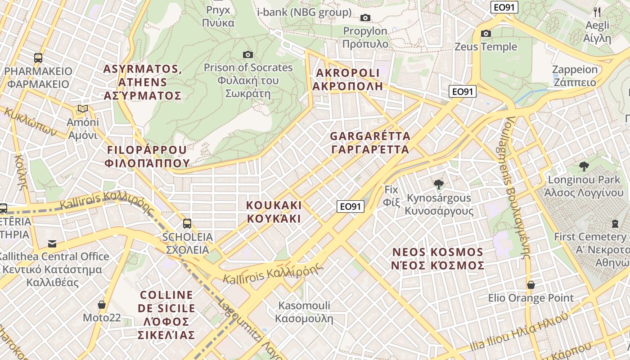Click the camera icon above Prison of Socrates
point(247,55)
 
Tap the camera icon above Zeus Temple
point(486,33)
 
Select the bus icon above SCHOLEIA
point(187,223)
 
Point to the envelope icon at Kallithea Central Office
point(52,244)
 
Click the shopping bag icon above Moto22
point(102,305)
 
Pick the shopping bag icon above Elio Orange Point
point(531,285)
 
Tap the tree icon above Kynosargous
point(438,184)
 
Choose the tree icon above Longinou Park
point(584,166)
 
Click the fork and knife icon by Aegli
point(597,12)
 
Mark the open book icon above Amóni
point(82,109)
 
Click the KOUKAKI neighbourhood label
point(274,212)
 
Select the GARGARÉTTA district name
point(370,143)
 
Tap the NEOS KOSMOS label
point(438,258)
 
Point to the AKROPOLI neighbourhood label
point(348,79)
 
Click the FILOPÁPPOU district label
point(147,156)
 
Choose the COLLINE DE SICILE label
point(167,315)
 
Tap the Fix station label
point(391,196)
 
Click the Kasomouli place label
point(304,312)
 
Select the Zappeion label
point(575,76)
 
